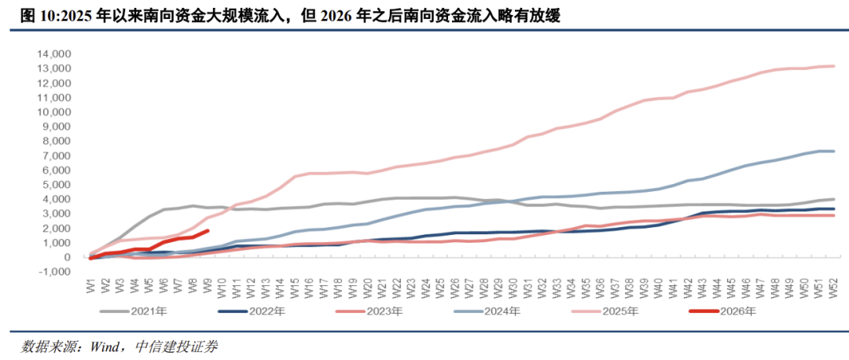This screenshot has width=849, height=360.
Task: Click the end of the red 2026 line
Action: pos(208,230)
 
